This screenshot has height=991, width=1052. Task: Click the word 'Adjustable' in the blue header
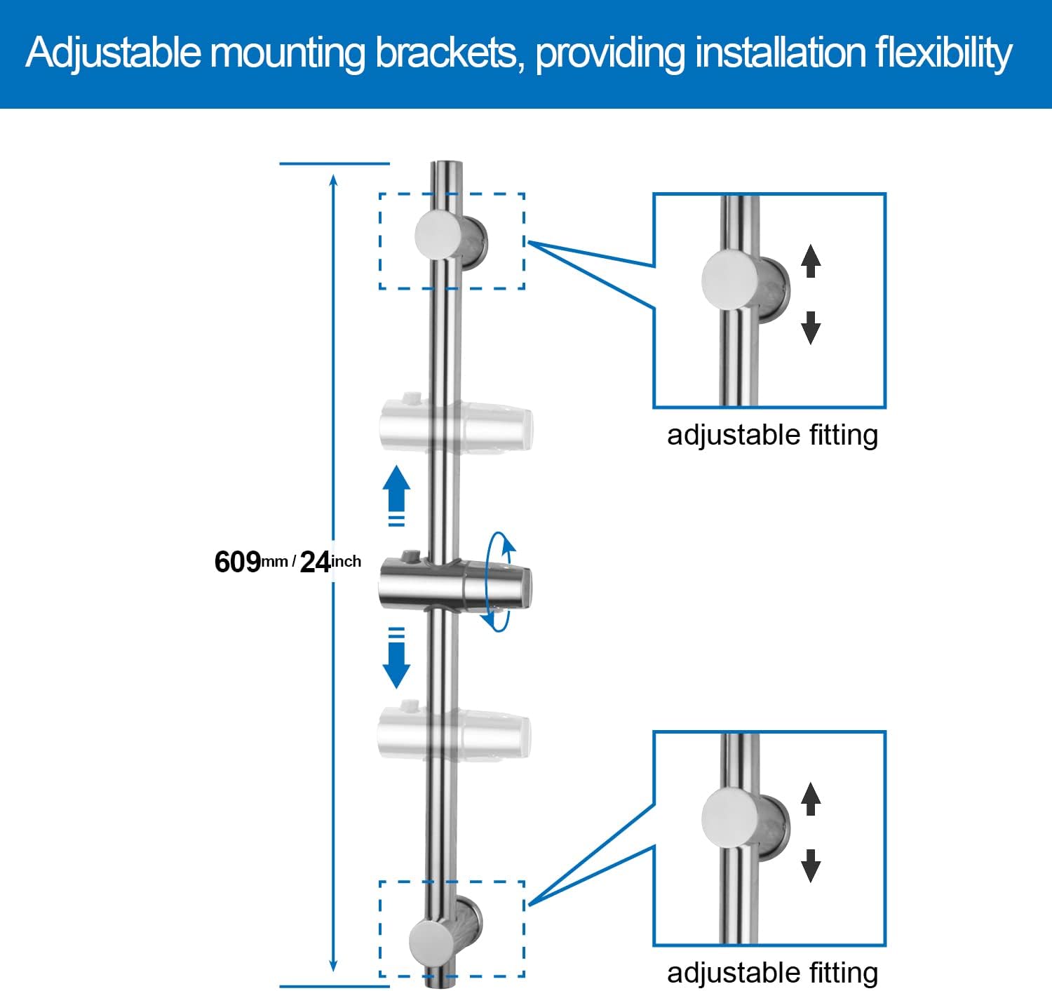pyautogui.click(x=114, y=53)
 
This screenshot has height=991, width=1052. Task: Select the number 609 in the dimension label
pyautogui.click(x=237, y=562)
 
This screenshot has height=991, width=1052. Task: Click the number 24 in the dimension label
pyautogui.click(x=315, y=562)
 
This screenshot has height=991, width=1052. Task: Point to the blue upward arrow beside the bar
pyautogui.click(x=396, y=496)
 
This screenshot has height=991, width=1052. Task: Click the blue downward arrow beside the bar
pyautogui.click(x=396, y=658)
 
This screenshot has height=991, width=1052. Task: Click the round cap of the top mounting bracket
pyautogui.click(x=438, y=236)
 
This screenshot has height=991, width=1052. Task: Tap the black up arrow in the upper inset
pyautogui.click(x=811, y=261)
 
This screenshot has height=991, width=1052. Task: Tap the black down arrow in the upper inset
pyautogui.click(x=811, y=328)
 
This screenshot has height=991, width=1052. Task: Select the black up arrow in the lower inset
pyautogui.click(x=811, y=799)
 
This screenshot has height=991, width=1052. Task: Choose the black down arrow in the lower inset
pyautogui.click(x=811, y=866)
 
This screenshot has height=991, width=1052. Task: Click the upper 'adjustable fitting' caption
pyautogui.click(x=772, y=435)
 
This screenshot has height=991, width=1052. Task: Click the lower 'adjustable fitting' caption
pyautogui.click(x=772, y=973)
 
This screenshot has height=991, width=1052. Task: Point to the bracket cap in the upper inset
pyautogui.click(x=730, y=280)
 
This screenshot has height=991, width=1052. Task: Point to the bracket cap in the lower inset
pyautogui.click(x=730, y=818)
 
